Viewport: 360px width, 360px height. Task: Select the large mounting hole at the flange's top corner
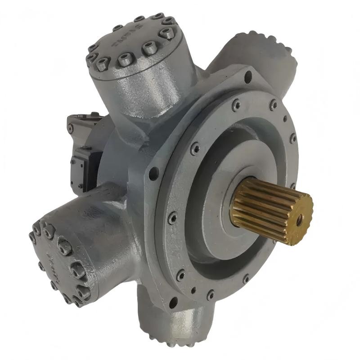coord(247,77)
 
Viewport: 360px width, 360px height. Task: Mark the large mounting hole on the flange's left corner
coord(154,172)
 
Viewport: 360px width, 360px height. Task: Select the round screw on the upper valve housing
coord(70,129)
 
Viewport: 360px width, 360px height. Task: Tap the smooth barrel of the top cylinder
coord(135,90)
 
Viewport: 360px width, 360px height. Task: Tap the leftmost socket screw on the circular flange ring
coord(173,219)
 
